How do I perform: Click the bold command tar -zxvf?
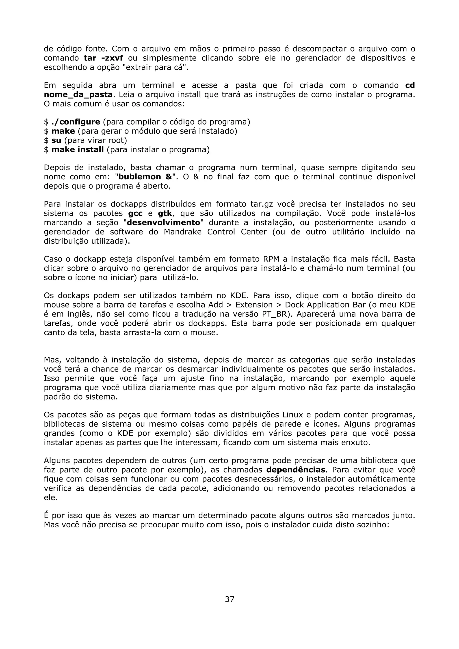[x=104, y=58]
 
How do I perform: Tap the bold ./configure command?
[x=76, y=122]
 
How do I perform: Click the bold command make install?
[x=78, y=150]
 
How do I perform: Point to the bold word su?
[x=56, y=140]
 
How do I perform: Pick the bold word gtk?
[x=165, y=213]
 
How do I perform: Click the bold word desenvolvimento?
[x=163, y=223]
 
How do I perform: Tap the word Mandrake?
[x=182, y=232]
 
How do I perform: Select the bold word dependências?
[x=296, y=470]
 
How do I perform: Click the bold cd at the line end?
[x=410, y=86]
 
